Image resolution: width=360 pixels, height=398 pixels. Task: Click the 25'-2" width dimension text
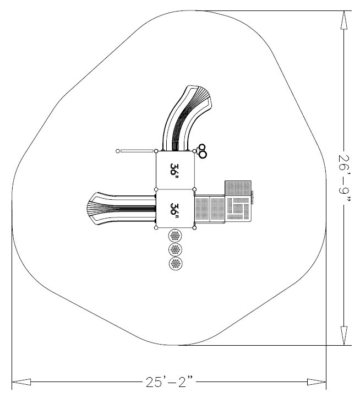tap(170, 381)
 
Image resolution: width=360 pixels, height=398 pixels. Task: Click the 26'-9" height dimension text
tap(344, 178)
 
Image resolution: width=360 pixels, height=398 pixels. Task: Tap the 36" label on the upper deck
tap(174, 171)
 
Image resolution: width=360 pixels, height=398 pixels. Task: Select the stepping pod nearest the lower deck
tap(175, 236)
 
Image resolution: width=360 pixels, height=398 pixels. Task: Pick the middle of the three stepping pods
tap(175, 249)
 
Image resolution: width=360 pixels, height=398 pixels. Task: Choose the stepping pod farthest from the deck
tap(176, 263)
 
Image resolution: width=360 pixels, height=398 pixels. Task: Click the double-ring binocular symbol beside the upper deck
tap(202, 151)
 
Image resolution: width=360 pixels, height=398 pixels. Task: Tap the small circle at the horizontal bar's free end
tap(118, 151)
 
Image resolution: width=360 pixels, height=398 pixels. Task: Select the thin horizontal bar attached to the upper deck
tap(137, 151)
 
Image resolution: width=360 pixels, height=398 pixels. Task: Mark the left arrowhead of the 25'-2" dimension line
tap(21, 381)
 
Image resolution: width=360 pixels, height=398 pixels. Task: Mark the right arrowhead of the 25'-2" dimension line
tap(317, 381)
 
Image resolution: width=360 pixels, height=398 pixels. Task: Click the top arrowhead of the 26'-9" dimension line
tap(344, 20)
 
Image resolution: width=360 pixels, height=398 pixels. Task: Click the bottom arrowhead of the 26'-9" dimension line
tap(344, 336)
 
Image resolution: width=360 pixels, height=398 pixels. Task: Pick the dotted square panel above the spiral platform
tap(238, 188)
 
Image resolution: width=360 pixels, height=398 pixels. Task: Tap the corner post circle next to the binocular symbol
tap(194, 151)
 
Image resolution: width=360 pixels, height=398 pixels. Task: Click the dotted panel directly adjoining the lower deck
tap(210, 209)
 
